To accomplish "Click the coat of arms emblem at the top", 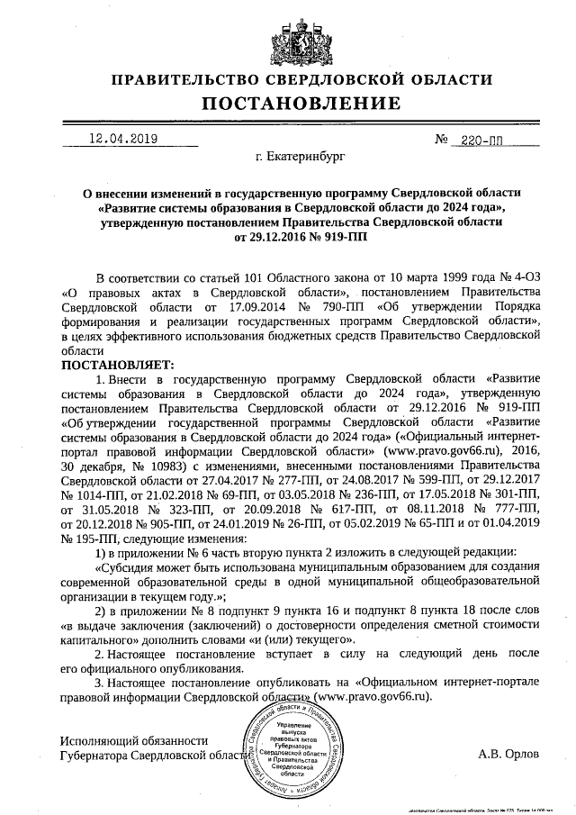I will click(x=287, y=37).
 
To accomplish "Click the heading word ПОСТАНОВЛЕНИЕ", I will click(x=287, y=104).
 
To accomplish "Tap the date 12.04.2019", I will click(x=122, y=140).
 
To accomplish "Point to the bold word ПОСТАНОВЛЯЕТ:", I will click(x=115, y=365).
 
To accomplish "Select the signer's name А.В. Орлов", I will click(x=509, y=755).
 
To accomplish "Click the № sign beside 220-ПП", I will click(x=442, y=141).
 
